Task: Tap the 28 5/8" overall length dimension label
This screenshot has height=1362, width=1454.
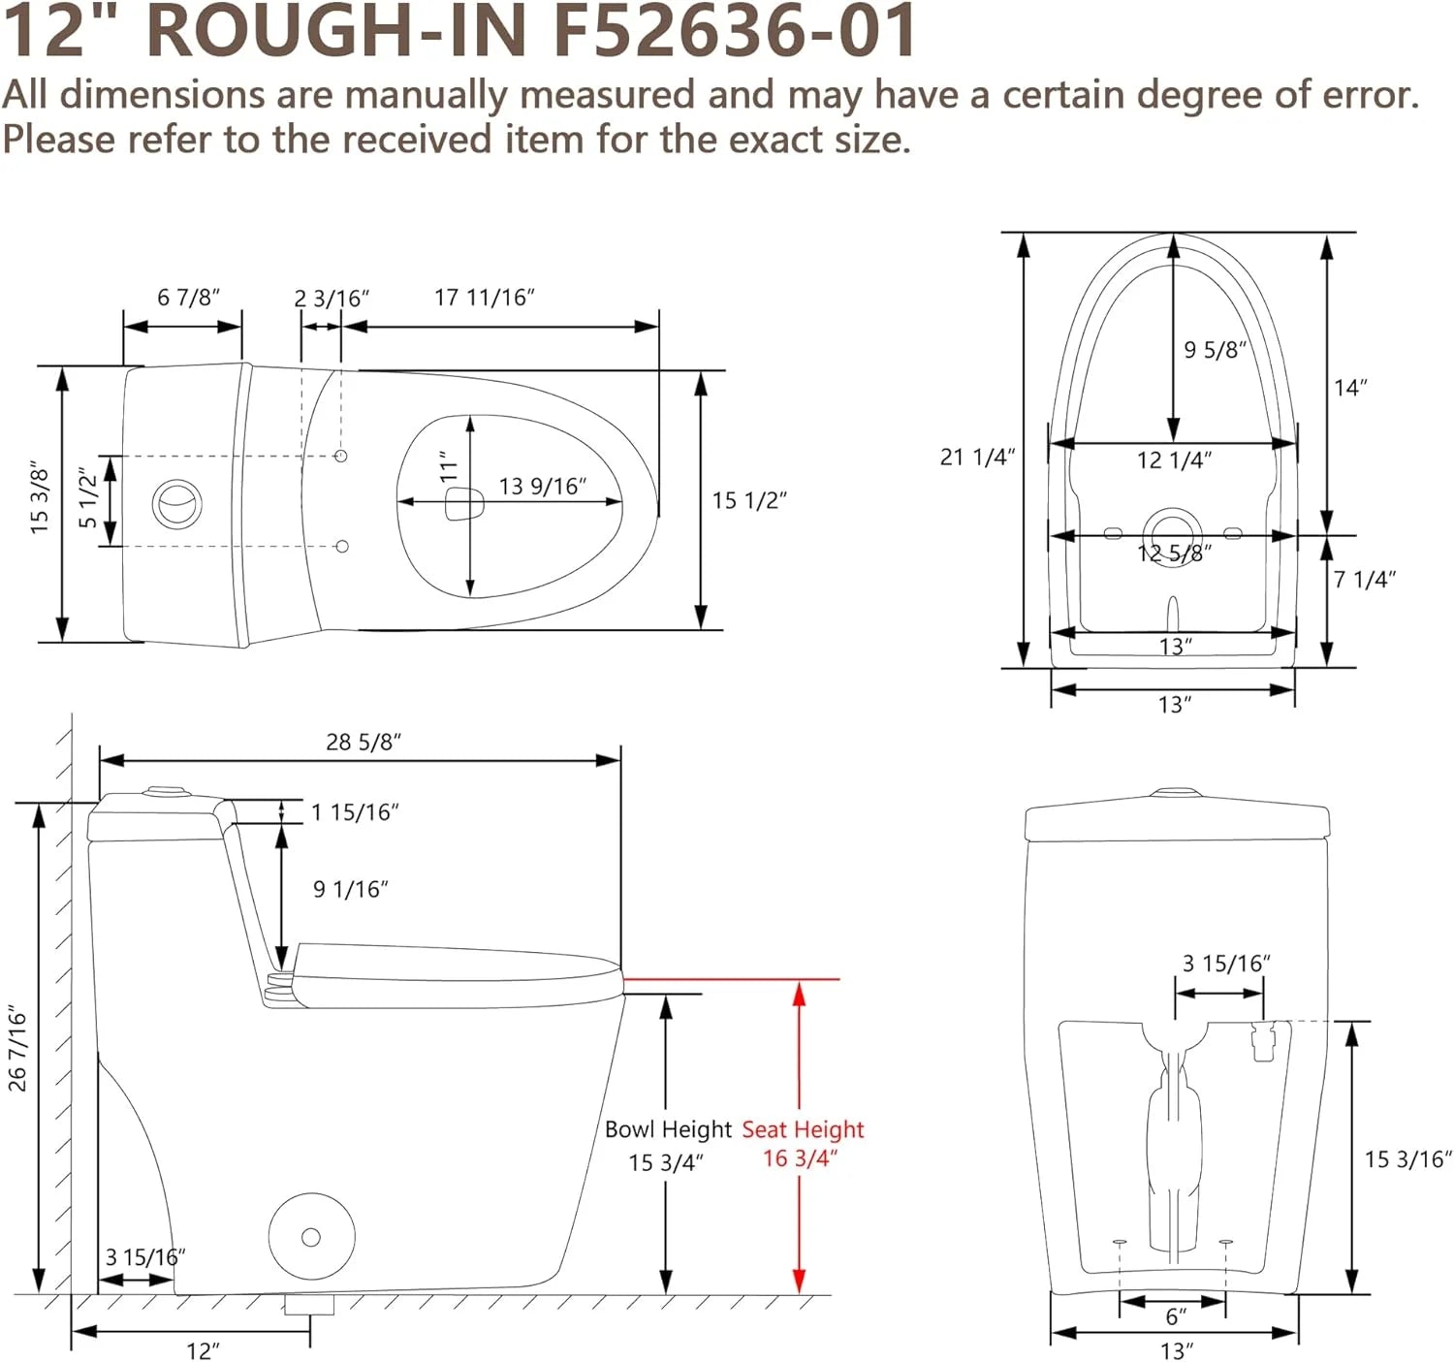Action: click(x=363, y=742)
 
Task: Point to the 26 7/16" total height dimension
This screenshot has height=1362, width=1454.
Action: click(x=17, y=1049)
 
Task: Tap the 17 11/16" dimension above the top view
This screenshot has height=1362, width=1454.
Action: click(x=484, y=298)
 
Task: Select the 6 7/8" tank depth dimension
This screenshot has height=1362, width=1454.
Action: click(x=188, y=298)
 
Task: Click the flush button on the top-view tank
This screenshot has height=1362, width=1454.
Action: click(x=177, y=502)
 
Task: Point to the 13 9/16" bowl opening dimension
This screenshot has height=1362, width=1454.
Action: click(x=543, y=487)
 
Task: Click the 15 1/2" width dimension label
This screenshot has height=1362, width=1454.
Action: click(x=749, y=500)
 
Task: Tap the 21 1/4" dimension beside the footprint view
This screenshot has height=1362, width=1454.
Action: click(x=977, y=457)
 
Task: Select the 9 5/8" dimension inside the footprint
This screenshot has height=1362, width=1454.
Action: click(x=1215, y=350)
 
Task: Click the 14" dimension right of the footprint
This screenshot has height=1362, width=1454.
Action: click(x=1350, y=388)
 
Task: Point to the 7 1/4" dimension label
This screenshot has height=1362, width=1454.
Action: click(x=1365, y=580)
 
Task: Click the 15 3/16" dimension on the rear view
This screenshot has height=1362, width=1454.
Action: click(x=1407, y=1159)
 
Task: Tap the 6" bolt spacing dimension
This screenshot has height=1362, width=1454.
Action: click(x=1176, y=1315)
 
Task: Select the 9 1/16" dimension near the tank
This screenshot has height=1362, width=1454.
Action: click(x=351, y=889)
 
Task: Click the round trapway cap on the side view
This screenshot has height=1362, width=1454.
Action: click(x=312, y=1237)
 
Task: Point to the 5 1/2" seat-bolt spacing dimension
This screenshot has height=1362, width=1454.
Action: click(x=88, y=498)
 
